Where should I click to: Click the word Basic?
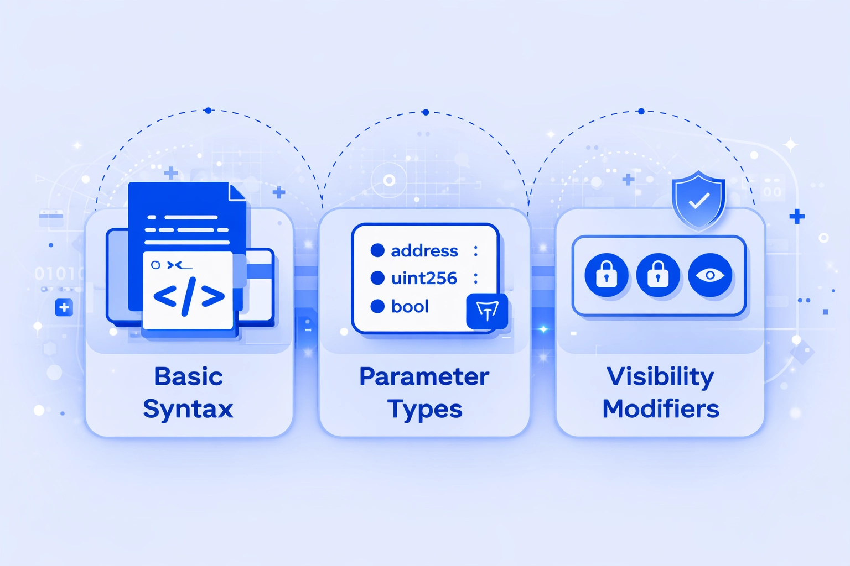tap(188, 376)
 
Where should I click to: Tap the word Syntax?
tap(188, 410)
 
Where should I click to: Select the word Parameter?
tap(424, 376)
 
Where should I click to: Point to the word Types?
tap(424, 410)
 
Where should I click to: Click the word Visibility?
tap(660, 377)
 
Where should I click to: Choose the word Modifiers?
tap(661, 409)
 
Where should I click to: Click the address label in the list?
tap(424, 251)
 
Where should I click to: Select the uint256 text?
tap(424, 278)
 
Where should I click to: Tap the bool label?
tap(410, 306)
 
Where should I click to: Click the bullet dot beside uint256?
tap(377, 278)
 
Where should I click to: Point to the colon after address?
tap(475, 251)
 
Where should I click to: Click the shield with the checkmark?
tap(698, 200)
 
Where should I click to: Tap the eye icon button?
tap(710, 275)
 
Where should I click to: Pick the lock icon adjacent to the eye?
tap(658, 275)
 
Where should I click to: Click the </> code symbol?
tap(189, 296)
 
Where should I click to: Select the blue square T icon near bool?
tap(487, 311)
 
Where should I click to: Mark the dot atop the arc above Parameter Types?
tap(425, 112)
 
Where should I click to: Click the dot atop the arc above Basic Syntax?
tap(208, 111)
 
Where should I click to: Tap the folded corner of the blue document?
tap(237, 192)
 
